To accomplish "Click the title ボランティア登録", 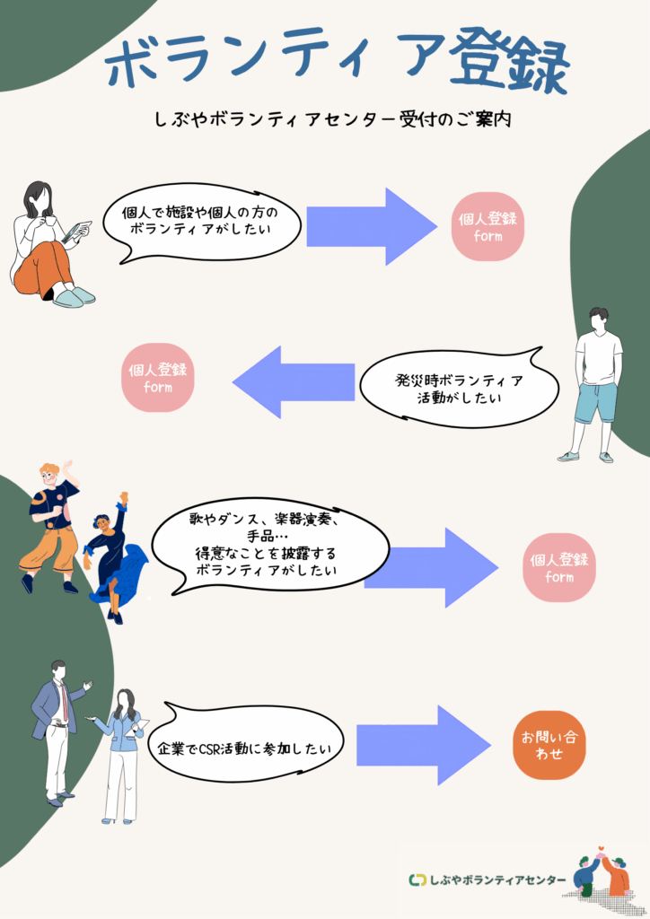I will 337,63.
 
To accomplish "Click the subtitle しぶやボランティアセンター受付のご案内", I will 332,119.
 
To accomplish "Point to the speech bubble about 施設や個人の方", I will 200,221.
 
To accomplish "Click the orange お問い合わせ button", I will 548,745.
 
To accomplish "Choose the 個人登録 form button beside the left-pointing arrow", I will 158,377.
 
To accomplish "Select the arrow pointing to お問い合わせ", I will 422,745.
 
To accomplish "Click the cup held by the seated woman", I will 50,221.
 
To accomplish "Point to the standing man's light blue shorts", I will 597,401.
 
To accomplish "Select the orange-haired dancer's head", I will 50,472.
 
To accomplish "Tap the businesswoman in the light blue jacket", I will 121,745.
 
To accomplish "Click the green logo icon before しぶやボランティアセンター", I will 417,880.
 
